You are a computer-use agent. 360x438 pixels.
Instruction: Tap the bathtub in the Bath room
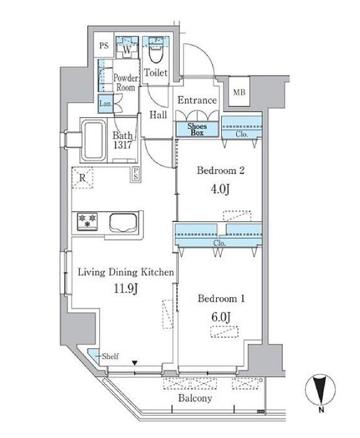[x=93, y=140]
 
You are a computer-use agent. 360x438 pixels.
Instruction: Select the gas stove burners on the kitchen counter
[x=87, y=221]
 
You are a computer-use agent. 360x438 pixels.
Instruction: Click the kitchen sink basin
[x=123, y=222]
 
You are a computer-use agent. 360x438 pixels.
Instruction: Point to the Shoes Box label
[x=197, y=129]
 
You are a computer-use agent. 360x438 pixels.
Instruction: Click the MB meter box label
[x=239, y=92]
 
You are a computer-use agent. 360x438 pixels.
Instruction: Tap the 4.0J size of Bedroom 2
[x=220, y=189]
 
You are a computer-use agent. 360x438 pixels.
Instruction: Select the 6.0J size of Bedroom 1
[x=221, y=317]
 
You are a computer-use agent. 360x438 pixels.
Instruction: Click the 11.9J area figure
[x=125, y=289]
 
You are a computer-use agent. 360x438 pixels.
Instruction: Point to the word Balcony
[x=195, y=398]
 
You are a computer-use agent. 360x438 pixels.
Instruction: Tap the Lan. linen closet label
[x=106, y=104]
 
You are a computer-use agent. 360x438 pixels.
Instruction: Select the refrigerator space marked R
[x=82, y=178]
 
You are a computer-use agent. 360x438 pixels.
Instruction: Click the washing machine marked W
[x=127, y=47]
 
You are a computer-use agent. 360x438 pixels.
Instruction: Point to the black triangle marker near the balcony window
[x=135, y=363]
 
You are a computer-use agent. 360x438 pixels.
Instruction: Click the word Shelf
[x=110, y=356]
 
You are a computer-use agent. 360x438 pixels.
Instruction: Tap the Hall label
[x=158, y=115]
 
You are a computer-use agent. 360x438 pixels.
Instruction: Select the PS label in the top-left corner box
[x=104, y=46]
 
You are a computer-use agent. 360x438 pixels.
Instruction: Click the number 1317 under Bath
[x=123, y=145]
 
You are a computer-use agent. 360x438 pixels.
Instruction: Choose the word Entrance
[x=197, y=100]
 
